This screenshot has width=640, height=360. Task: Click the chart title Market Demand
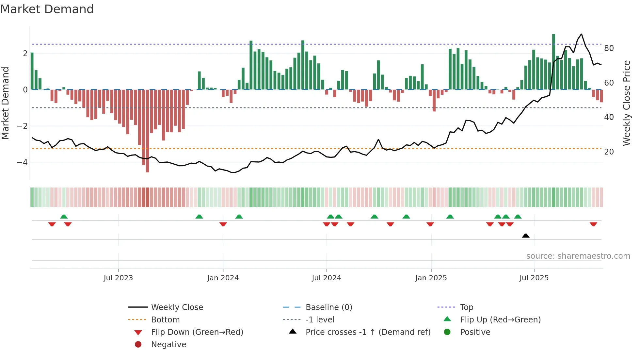pos(47,9)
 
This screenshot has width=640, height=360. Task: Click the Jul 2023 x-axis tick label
pos(118,278)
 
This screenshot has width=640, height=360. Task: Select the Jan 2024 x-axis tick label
pos(223,278)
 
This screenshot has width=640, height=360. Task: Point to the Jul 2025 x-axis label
pos(534,278)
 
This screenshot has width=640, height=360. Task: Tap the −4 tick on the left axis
pos(22,162)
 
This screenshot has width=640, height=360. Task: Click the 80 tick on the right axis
pos(609,48)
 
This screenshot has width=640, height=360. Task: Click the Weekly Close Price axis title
pos(626,103)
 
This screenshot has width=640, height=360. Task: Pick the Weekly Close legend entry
pos(177,307)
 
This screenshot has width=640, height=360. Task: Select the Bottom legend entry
pos(165,319)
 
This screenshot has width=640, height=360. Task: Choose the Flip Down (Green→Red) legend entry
pos(197,332)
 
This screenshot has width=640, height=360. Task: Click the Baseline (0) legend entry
pos(328,307)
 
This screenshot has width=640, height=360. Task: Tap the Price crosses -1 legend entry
pos(368,332)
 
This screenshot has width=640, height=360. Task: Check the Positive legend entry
pos(475,332)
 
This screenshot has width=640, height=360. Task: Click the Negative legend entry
pos(168,344)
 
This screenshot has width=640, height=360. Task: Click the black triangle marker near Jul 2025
pos(526,236)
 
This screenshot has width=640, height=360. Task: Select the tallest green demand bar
pos(553,62)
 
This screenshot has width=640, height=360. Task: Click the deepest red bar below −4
pos(148,131)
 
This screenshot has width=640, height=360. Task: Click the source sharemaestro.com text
pos(578,256)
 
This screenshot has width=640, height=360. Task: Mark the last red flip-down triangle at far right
pos(593,224)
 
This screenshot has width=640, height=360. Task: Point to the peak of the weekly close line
pos(581,34)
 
